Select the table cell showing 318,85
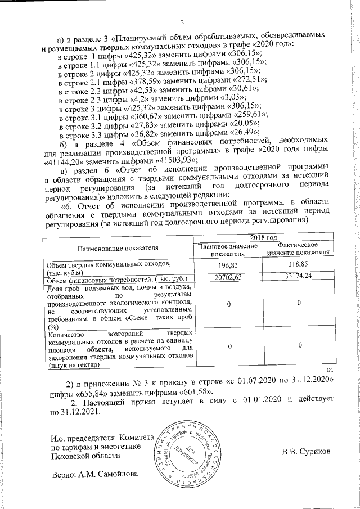coord(298,265)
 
